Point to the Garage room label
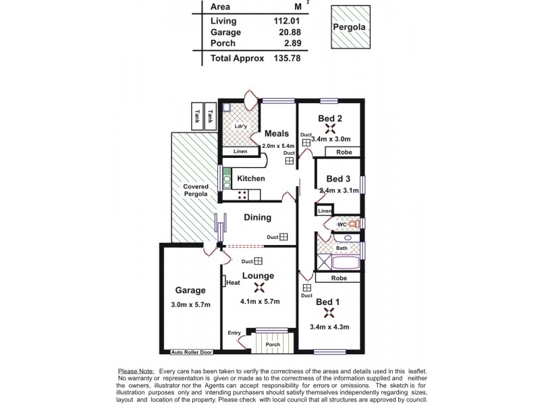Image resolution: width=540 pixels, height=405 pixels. (190, 290)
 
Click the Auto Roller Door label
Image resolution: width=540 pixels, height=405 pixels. (191, 352)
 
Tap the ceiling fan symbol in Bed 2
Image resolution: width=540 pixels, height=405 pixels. (330, 130)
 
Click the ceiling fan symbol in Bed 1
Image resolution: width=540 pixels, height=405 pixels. (330, 313)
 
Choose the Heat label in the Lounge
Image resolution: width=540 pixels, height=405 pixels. (233, 282)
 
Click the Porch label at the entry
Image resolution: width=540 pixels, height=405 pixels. (272, 345)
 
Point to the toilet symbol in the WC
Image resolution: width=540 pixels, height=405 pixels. (352, 223)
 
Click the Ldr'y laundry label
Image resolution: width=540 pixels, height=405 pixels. (240, 126)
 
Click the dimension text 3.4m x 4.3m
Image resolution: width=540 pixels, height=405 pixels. (330, 328)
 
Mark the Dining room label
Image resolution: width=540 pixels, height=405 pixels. (257, 217)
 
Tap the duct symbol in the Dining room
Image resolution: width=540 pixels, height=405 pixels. (283, 237)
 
